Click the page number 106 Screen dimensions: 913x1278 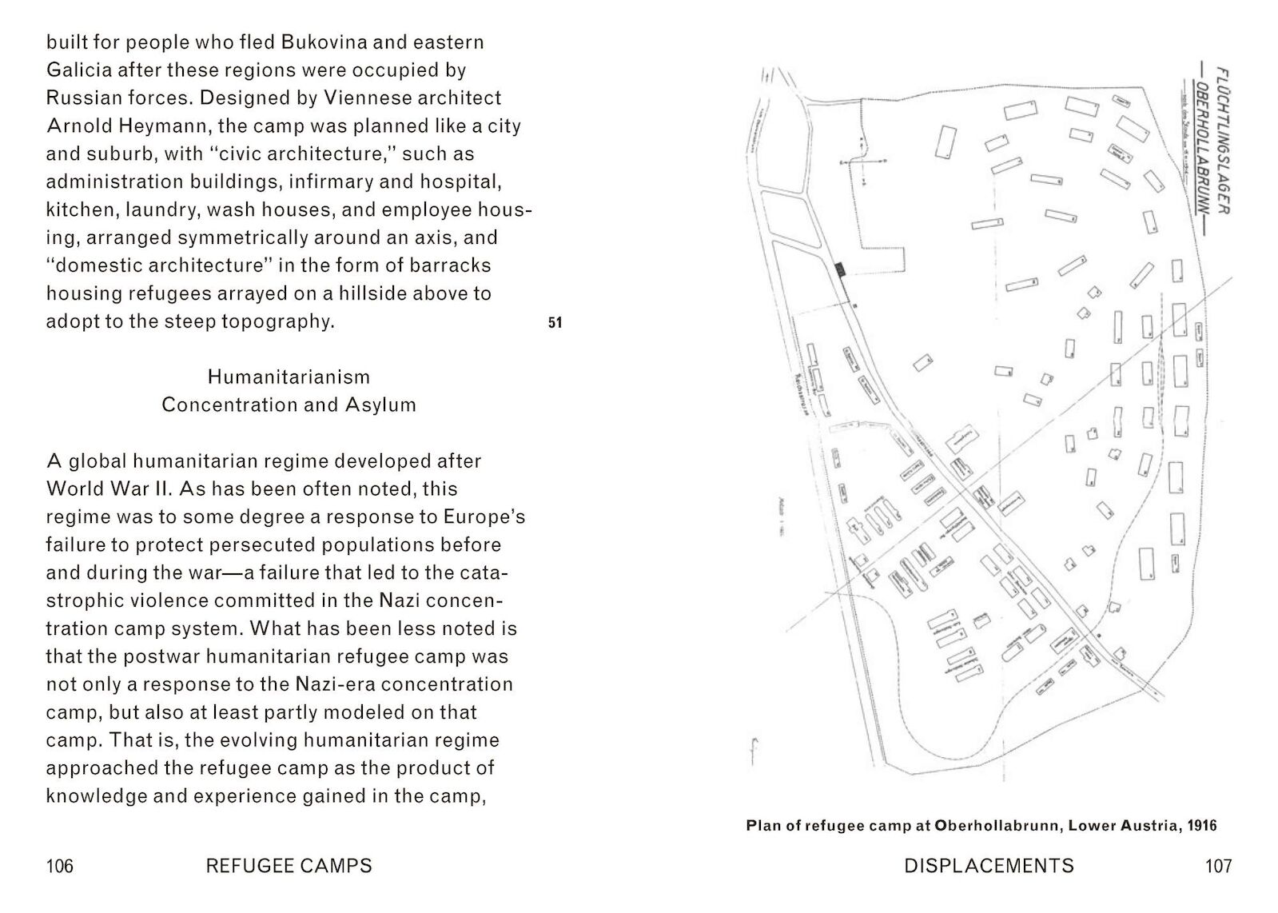60,866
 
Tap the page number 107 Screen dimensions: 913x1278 1218,866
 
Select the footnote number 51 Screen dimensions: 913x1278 555,322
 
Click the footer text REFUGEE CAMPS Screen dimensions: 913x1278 289,866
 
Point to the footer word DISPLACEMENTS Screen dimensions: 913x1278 989,866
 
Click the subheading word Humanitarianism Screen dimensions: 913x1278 289,377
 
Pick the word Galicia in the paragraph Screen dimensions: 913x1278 79,70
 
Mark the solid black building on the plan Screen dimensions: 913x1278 841,269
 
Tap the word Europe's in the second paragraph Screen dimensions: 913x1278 484,516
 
